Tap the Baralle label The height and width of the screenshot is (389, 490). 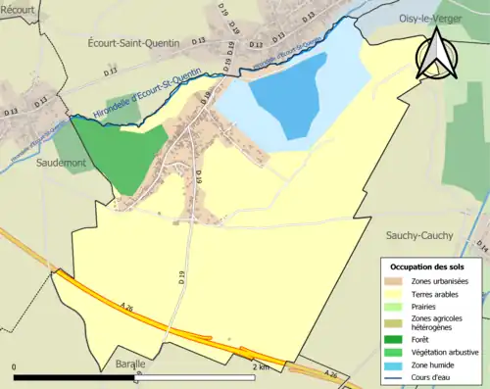(x=127, y=364)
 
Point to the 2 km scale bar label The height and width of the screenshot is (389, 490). (x=261, y=366)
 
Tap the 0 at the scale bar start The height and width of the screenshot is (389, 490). (x=15, y=366)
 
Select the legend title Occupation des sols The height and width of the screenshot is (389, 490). (x=427, y=267)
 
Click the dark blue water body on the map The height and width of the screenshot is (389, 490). (x=287, y=93)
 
